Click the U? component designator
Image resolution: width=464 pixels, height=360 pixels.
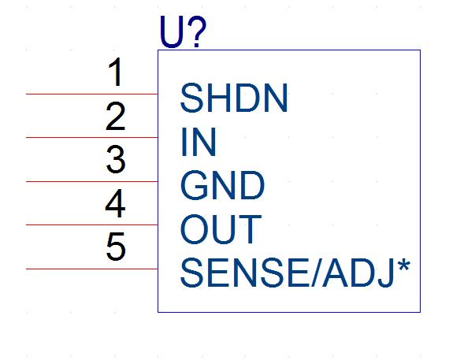183,32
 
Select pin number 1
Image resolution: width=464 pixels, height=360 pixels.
115,72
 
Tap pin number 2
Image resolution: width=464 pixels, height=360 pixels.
115,116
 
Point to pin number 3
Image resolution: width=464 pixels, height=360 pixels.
116,159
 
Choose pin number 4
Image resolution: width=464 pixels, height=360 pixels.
115,203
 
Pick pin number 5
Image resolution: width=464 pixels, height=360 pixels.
116,247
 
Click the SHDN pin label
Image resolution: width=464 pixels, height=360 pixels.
234,98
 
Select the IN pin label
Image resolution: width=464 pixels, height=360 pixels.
199,142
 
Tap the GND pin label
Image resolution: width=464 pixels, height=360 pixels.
222,185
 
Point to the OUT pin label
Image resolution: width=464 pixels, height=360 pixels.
221,229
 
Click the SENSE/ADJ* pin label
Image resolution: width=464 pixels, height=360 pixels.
295,273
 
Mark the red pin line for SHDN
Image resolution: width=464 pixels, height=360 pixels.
92,94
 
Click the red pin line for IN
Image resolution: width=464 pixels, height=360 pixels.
92,137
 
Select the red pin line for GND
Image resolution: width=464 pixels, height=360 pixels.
92,181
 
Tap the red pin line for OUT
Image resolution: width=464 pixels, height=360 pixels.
92,225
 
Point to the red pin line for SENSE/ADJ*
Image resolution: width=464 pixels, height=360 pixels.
92,269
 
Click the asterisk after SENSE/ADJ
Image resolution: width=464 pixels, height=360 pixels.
404,265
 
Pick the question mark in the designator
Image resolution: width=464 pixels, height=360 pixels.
196,32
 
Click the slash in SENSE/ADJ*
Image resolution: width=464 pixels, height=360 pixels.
316,273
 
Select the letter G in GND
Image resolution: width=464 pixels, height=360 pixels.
194,185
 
